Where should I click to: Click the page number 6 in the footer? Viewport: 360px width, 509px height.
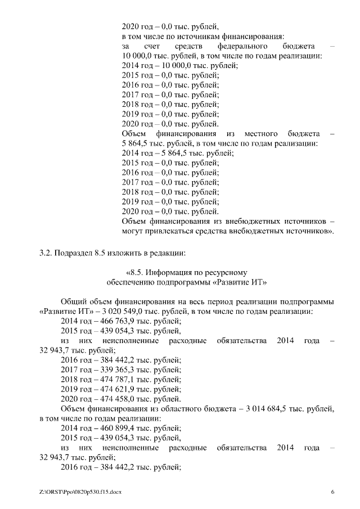[x=332, y=492]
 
